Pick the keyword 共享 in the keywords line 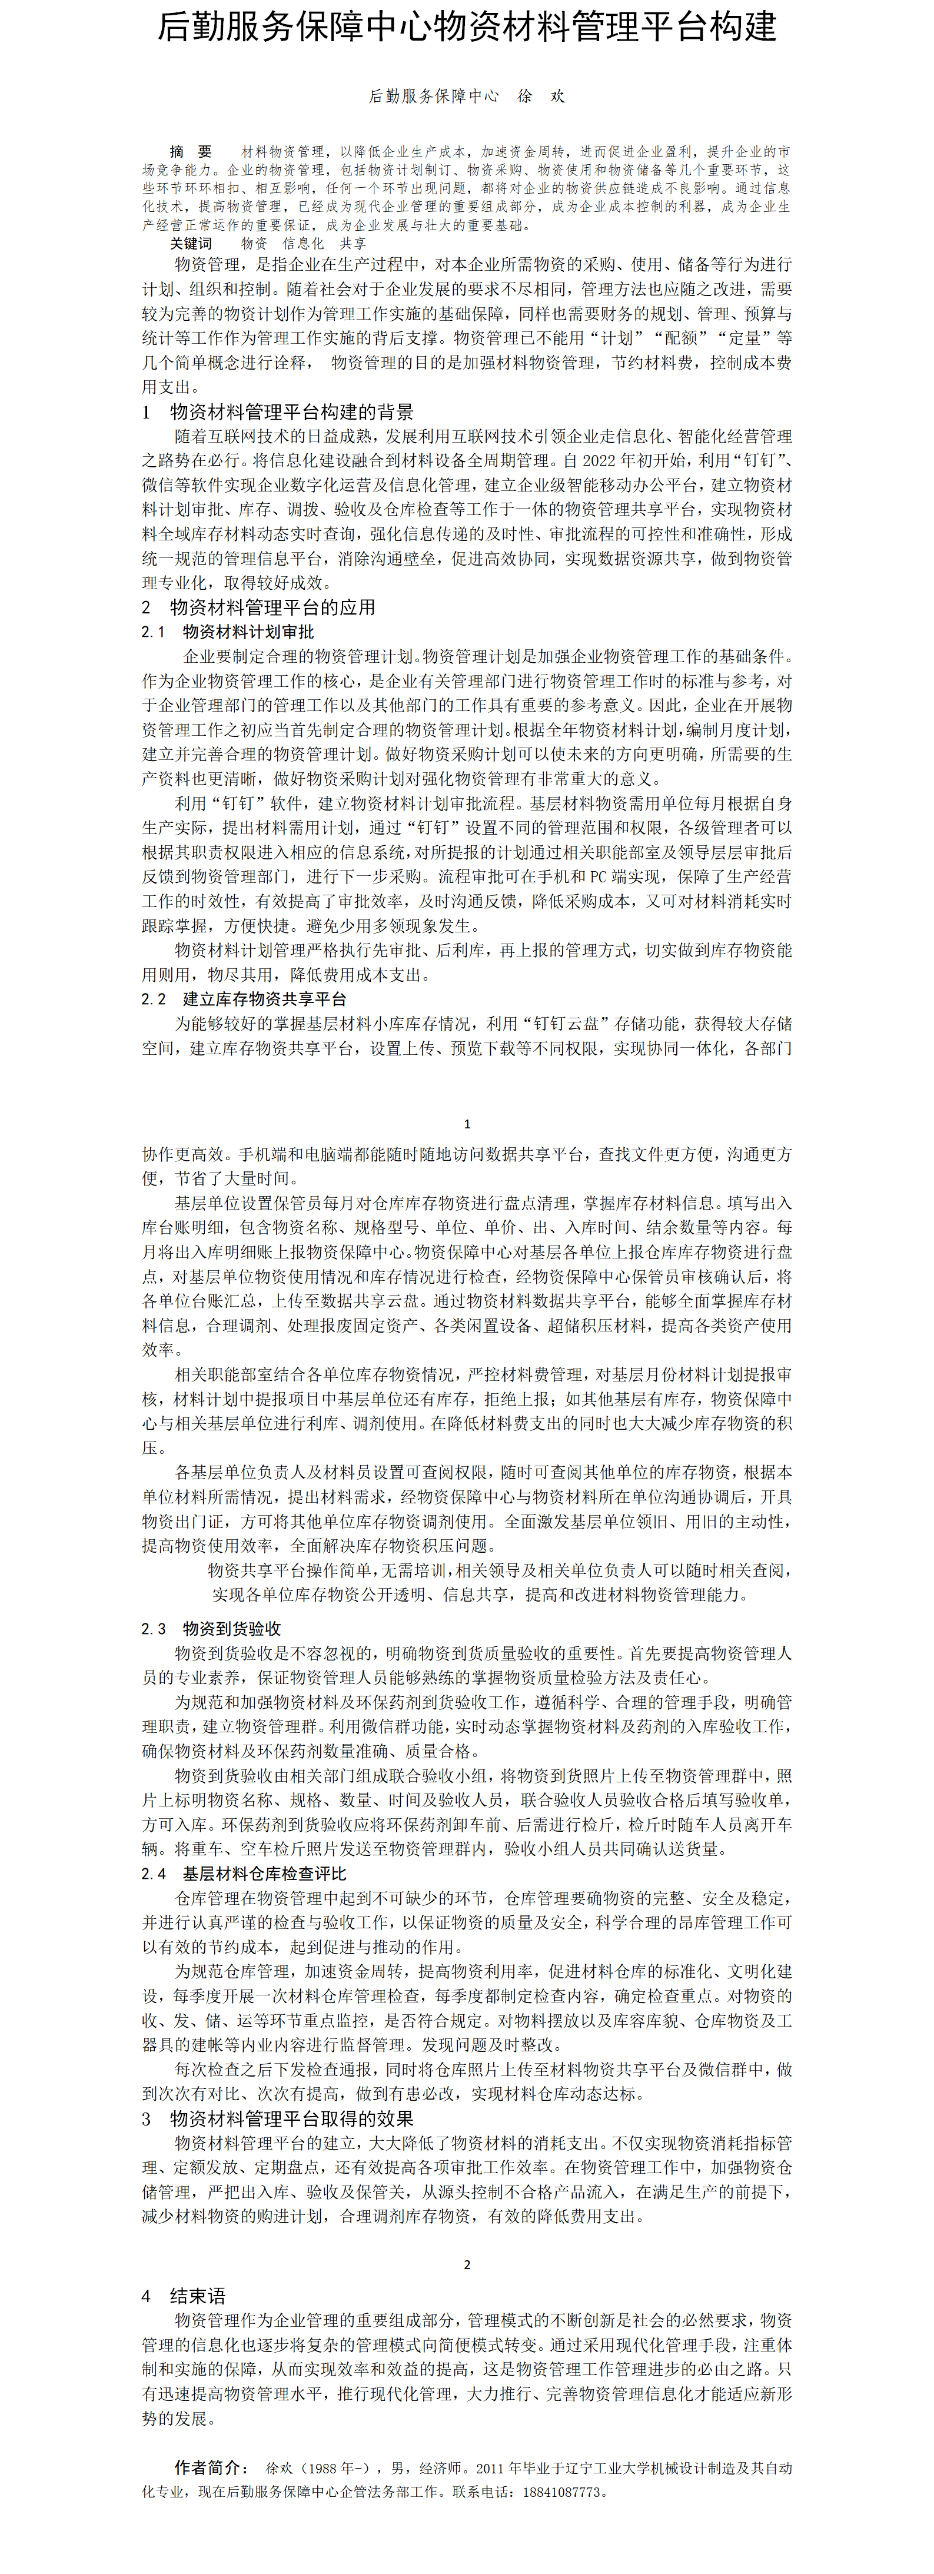click(x=353, y=243)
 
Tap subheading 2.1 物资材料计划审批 click(x=228, y=632)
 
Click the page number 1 click(x=467, y=1123)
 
